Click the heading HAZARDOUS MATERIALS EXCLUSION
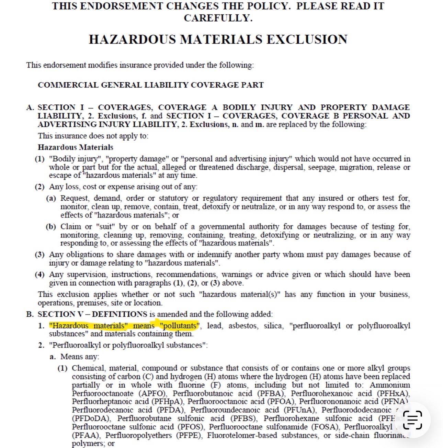click(218, 39)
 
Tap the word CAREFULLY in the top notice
click(218, 18)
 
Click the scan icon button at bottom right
click(412, 420)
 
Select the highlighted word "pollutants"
click(179, 326)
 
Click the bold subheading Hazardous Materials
click(75, 147)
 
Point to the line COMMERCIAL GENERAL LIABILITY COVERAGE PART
click(150, 85)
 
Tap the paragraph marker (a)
click(51, 198)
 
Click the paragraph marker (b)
click(51, 227)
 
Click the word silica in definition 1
click(273, 326)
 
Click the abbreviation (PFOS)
click(191, 427)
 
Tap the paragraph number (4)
click(40, 274)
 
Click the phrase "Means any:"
click(80, 357)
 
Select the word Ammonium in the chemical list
click(389, 385)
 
